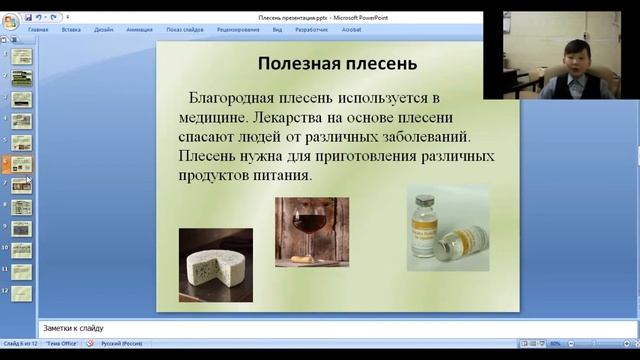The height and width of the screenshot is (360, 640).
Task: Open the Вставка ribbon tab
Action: pyautogui.click(x=71, y=30)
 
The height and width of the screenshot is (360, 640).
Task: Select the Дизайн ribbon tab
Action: pyautogui.click(x=104, y=30)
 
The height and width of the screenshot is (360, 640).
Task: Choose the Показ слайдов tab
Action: pyautogui.click(x=185, y=30)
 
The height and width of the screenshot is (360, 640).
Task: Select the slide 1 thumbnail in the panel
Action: pyautogui.click(x=21, y=56)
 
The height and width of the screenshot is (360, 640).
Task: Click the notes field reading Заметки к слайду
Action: pyautogui.click(x=300, y=328)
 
